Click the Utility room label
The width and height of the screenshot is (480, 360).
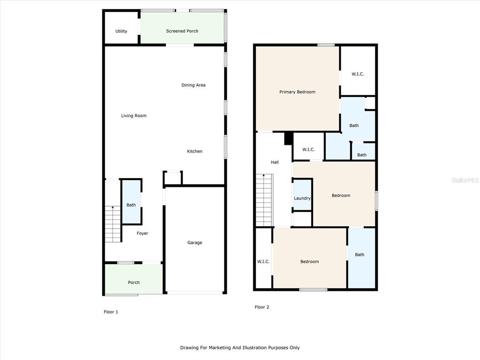pos(121,31)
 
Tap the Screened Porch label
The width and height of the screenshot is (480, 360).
pos(182,31)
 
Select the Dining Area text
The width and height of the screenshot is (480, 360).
pos(194,85)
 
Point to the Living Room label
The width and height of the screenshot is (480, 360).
pos(134,116)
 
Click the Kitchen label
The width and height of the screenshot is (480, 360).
pos(195,151)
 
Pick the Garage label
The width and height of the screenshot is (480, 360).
pos(195,243)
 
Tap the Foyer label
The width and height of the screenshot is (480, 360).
pos(142,233)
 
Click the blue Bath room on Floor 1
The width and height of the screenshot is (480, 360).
pos(132,202)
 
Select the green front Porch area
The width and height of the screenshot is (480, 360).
pos(134,279)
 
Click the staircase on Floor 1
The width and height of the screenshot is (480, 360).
pos(112,224)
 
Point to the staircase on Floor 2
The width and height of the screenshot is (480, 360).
pos(264,200)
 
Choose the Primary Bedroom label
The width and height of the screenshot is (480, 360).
pos(297,92)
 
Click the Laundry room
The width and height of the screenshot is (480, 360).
pos(302,195)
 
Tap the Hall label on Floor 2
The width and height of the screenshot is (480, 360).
pos(275,162)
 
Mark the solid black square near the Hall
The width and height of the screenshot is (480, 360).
pos(288,138)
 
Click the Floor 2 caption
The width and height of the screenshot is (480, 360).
pos(262,307)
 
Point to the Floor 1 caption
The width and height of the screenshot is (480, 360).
pos(111,312)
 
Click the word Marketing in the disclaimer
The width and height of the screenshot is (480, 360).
pos(219,348)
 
